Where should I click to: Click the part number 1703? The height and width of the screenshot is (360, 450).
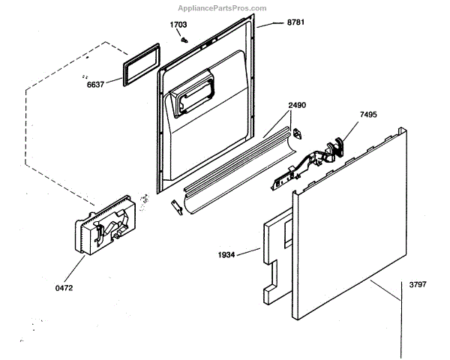click(x=178, y=25)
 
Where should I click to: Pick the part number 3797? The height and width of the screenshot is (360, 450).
click(x=417, y=285)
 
